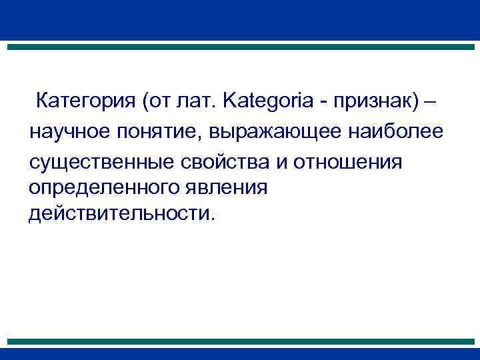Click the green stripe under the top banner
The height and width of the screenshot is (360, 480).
click(240, 47)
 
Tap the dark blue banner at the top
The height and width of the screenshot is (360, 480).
click(240, 20)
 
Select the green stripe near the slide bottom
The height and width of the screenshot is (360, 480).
click(240, 341)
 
